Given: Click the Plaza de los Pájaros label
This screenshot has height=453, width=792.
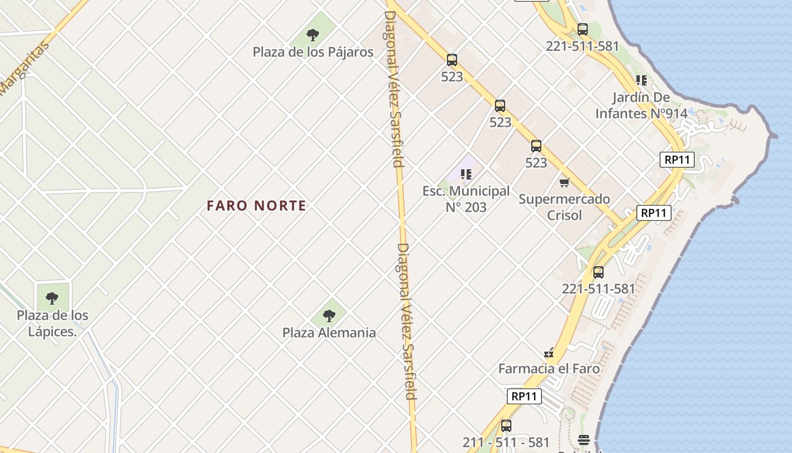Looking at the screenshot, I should [313, 52].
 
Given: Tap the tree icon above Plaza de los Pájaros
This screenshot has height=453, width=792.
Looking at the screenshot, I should [313, 35].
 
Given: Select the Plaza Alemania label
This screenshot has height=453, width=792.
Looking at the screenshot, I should [329, 332].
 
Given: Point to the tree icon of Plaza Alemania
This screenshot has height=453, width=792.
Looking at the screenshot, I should [329, 315].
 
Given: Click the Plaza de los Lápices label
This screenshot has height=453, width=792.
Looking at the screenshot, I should [52, 323].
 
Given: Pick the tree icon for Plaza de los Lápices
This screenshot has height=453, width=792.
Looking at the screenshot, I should [52, 298].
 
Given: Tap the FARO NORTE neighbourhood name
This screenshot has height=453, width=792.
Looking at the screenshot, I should [256, 206].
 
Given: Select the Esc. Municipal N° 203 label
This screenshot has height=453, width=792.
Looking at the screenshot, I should [466, 199].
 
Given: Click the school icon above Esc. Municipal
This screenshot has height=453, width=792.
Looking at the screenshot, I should [466, 174].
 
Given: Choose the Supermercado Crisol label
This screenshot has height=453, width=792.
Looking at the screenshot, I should [565, 207].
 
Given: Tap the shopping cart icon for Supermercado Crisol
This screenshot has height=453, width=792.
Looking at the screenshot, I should [564, 182].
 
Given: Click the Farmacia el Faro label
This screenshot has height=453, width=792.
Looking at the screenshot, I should [549, 369].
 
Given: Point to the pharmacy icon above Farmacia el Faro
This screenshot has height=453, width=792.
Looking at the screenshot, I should [549, 353].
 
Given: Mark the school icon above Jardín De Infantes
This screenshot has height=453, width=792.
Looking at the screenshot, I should [641, 80].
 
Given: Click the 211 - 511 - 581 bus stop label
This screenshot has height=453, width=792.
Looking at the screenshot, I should [506, 442].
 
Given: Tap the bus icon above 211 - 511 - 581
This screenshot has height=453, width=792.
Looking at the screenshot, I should [506, 426].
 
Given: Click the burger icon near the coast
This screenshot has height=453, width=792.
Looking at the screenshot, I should [584, 439].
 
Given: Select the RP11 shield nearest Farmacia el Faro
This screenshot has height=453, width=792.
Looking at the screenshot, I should [524, 396].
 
